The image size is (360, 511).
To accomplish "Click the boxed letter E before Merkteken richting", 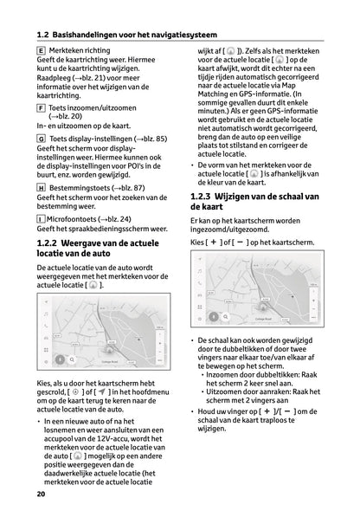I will click(x=41, y=51).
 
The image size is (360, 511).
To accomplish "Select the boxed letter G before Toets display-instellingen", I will click(x=41, y=139).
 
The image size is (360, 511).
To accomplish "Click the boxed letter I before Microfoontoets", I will click(x=41, y=220).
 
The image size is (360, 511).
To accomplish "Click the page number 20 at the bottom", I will click(x=41, y=494).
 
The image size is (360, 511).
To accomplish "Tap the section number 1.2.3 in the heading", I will click(x=204, y=197).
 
